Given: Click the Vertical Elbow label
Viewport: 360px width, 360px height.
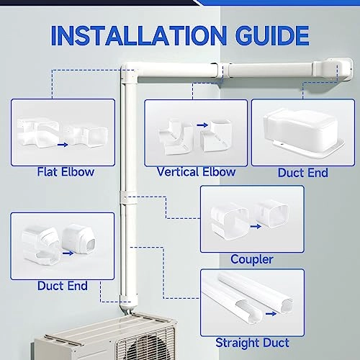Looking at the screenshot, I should pyautogui.click(x=196, y=172).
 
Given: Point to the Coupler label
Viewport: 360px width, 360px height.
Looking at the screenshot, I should pyautogui.click(x=251, y=258).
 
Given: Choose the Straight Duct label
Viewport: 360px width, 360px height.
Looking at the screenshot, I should pyautogui.click(x=251, y=342).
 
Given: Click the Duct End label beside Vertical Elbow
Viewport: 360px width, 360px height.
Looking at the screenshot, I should pyautogui.click(x=302, y=173).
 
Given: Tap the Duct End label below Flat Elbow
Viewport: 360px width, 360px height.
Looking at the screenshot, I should pyautogui.click(x=62, y=286).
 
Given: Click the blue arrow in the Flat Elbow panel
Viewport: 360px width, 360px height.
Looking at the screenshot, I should pyautogui.click(x=63, y=144).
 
